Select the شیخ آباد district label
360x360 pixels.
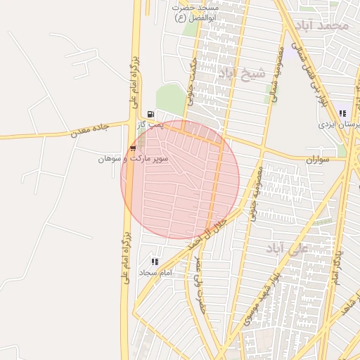242,73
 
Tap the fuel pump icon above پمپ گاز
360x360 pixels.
150,114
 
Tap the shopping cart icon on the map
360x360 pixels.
133,148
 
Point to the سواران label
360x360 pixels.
317,160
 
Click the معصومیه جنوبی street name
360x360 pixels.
254,191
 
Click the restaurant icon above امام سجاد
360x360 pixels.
155,262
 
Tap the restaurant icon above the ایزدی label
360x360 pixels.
342,113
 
